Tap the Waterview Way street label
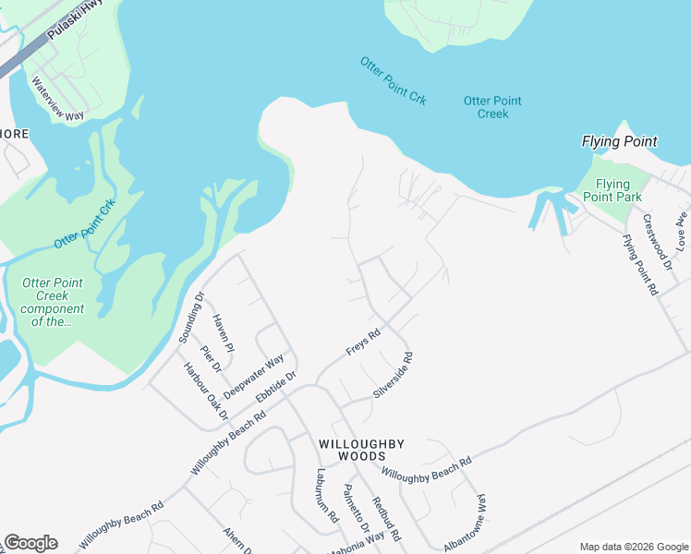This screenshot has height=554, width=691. [57, 98]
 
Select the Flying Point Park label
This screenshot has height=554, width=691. [613, 190]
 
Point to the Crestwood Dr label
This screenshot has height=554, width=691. [655, 243]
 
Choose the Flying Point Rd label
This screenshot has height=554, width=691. [639, 264]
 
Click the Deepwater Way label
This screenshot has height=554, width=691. [253, 377]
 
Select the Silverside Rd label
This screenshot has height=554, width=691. [393, 375]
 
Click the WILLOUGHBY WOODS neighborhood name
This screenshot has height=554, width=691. [361, 451]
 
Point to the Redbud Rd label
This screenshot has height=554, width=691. [386, 519]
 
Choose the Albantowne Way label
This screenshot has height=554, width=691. [465, 523]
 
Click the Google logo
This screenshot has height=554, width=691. [30, 543]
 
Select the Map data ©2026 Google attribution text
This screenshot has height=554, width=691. [633, 547]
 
